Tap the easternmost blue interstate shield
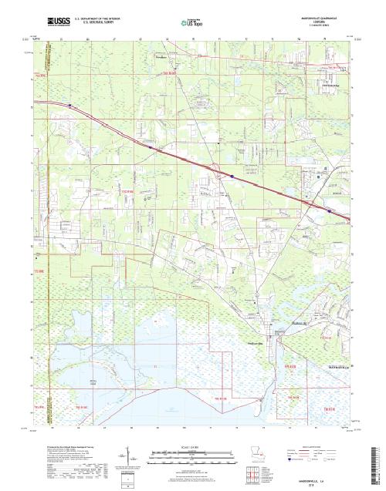click(331, 210)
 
